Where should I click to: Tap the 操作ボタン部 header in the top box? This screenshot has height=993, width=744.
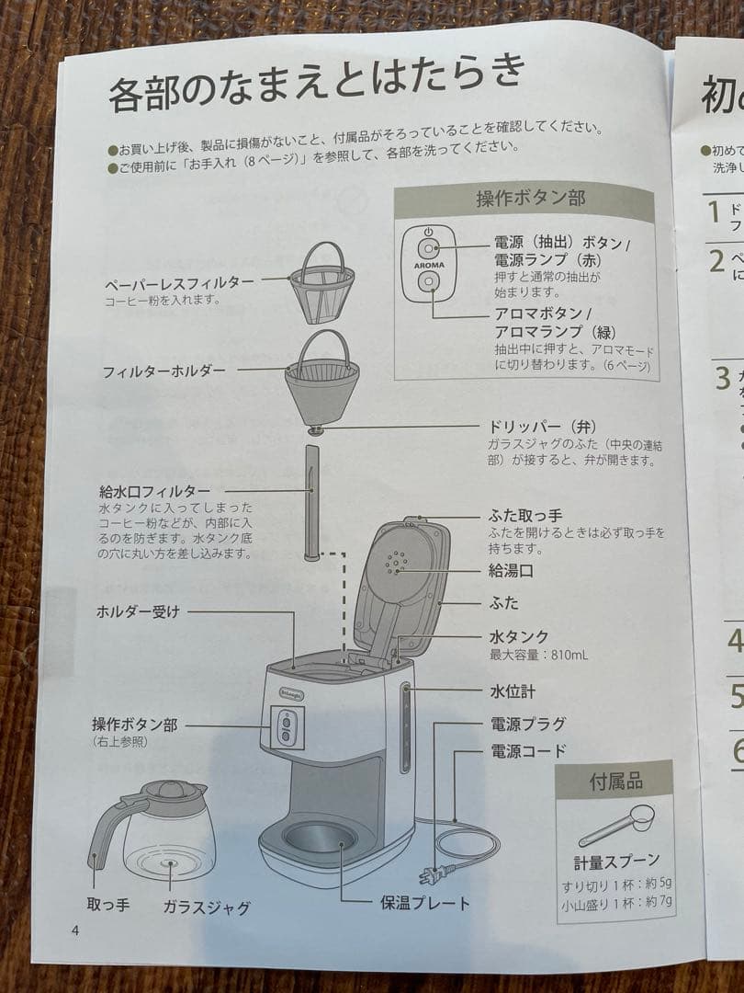click(x=530, y=199)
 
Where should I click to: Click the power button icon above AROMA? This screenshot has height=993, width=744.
click(x=428, y=248)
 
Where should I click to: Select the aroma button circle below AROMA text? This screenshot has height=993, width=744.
click(x=428, y=286)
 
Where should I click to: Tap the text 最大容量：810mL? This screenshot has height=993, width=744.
click(x=538, y=656)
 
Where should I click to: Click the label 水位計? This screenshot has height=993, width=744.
click(x=511, y=691)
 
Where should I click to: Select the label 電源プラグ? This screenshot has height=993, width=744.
click(x=526, y=724)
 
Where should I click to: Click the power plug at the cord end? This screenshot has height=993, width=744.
click(x=428, y=874)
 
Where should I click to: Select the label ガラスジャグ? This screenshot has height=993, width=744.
click(x=207, y=907)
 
